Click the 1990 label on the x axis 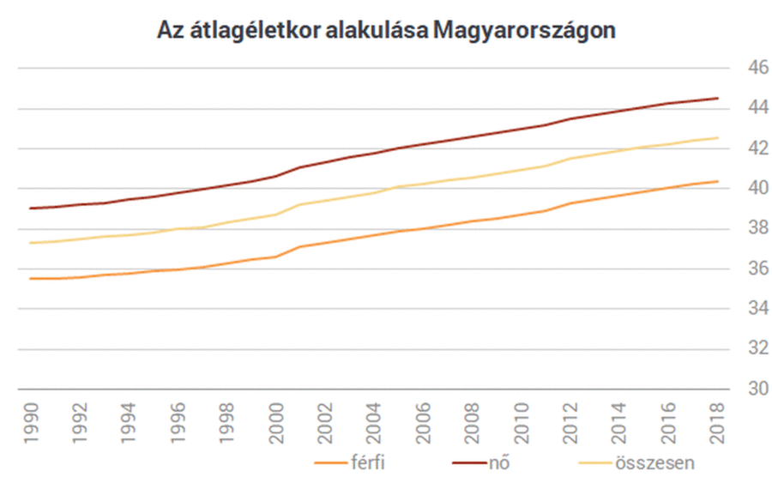pyautogui.click(x=31, y=422)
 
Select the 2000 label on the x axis pyautogui.click(x=276, y=422)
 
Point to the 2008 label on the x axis pyautogui.click(x=473, y=422)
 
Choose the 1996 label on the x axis pyautogui.click(x=178, y=422)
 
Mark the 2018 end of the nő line pyautogui.click(x=718, y=98)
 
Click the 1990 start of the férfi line pyautogui.click(x=30, y=278)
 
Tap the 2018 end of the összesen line pyautogui.click(x=718, y=138)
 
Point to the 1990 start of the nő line pyautogui.click(x=30, y=208)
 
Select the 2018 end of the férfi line pyautogui.click(x=718, y=181)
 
